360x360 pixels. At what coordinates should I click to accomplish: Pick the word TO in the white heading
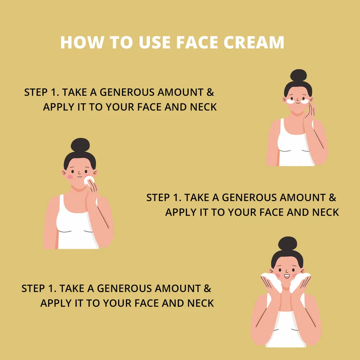(x=121, y=42)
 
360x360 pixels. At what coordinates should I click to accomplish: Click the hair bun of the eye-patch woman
(x=298, y=75)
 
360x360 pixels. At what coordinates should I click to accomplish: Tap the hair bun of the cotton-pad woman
(x=80, y=145)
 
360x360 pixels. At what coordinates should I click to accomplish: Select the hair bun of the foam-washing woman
(x=287, y=244)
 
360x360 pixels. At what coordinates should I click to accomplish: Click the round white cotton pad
(x=89, y=180)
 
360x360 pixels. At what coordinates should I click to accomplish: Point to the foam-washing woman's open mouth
(x=287, y=276)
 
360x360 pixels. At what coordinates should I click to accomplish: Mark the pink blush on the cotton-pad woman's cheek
(x=70, y=177)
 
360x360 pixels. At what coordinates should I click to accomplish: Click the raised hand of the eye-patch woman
(x=309, y=112)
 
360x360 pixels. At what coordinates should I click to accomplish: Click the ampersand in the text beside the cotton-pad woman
(x=332, y=198)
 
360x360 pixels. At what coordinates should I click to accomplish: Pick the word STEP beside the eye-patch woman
(x=35, y=93)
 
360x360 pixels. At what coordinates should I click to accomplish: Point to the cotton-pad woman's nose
(x=79, y=172)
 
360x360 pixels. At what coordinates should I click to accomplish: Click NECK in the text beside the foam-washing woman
(x=201, y=303)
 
